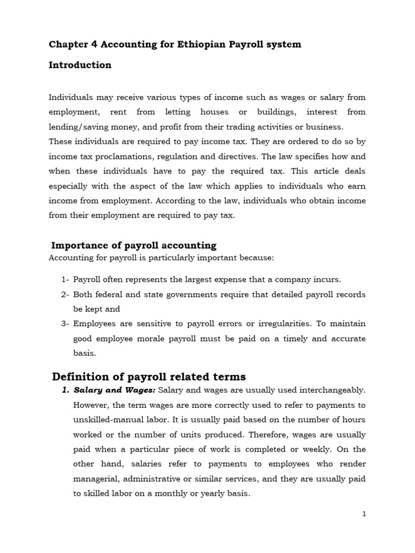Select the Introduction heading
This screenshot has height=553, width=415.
click(x=80, y=65)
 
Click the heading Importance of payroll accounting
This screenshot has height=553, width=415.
click(x=133, y=245)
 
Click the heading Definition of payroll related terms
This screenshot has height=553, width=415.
click(x=149, y=376)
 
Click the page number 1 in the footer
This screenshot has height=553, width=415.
click(x=364, y=514)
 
